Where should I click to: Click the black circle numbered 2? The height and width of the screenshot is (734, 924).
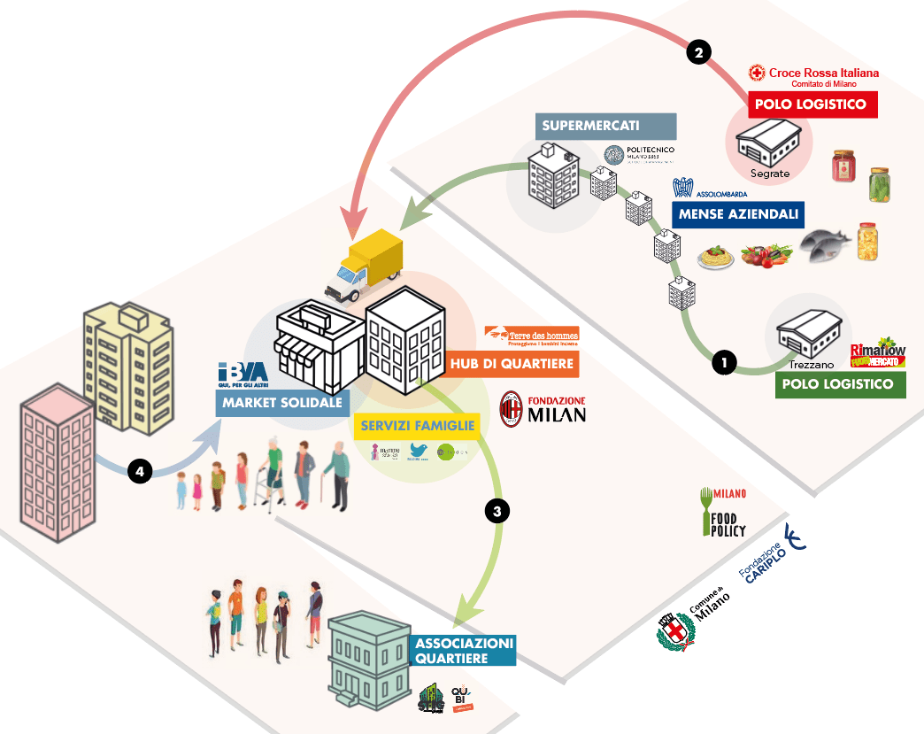pyautogui.click(x=698, y=53)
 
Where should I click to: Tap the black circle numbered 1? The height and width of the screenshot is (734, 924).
pyautogui.click(x=724, y=362)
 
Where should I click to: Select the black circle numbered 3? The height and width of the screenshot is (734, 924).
pyautogui.click(x=497, y=511)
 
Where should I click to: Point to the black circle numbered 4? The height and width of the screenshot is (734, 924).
pyautogui.click(x=138, y=471)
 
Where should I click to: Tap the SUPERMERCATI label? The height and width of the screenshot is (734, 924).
pyautogui.click(x=605, y=126)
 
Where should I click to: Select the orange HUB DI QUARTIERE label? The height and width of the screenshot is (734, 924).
pyautogui.click(x=512, y=363)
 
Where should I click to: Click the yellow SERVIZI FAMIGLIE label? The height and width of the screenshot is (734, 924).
pyautogui.click(x=418, y=426)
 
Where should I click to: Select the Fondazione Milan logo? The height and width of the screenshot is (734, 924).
pyautogui.click(x=543, y=408)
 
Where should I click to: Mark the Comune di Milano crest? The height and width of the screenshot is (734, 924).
pyautogui.click(x=674, y=632)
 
